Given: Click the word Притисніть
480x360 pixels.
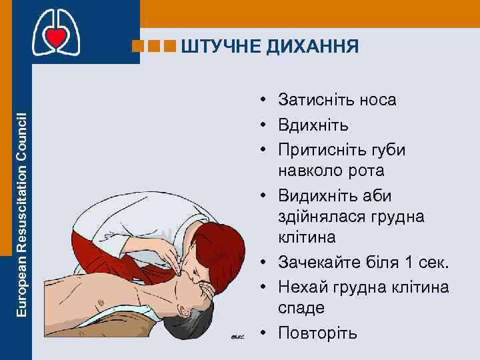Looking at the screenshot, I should click(x=318, y=149).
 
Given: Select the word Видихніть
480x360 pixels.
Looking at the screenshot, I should click(x=317, y=197).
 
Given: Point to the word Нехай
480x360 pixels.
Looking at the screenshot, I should click(x=301, y=287).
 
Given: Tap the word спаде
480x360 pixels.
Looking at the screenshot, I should click(x=302, y=308).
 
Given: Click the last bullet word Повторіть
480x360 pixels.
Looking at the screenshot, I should click(x=318, y=333).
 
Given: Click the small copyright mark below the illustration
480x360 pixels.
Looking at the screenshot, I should click(x=237, y=337).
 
